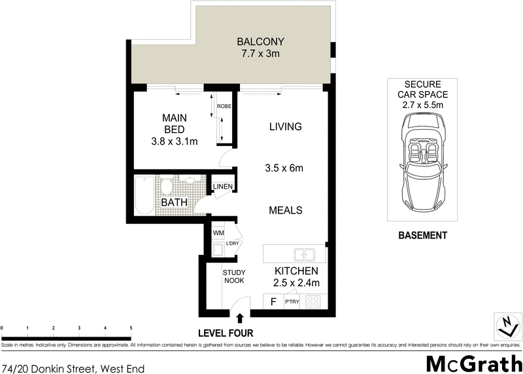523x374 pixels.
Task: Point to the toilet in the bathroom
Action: click(x=167, y=187)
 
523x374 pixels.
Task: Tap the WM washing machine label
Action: click(x=218, y=233)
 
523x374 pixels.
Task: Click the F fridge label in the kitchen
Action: click(x=273, y=302)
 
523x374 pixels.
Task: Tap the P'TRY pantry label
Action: click(x=292, y=303)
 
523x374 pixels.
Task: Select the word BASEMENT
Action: click(x=423, y=235)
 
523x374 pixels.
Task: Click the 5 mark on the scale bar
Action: click(x=130, y=327)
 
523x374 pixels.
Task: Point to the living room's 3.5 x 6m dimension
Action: click(x=285, y=168)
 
